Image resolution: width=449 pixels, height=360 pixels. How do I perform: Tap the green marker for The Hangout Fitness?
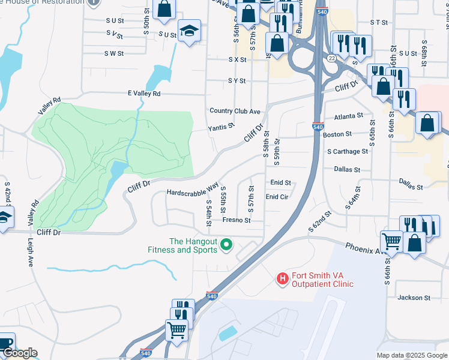[226, 244]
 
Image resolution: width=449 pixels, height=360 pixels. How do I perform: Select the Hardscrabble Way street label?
[192, 192]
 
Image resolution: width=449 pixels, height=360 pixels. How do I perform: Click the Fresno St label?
[236, 220]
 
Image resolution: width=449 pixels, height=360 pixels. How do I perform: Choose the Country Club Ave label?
[235, 111]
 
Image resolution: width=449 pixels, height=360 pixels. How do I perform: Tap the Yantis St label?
[220, 128]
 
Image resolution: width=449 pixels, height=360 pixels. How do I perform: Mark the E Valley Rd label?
[144, 94]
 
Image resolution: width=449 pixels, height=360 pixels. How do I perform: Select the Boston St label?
[337, 134]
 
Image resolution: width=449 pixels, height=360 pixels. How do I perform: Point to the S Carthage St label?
[348, 152]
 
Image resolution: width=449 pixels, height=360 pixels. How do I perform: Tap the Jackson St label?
[414, 298]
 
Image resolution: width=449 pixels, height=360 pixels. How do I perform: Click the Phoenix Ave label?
[366, 248]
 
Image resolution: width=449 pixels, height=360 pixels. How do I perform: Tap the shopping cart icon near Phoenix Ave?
[392, 242]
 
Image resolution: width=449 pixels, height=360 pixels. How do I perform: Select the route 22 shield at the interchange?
[331, 58]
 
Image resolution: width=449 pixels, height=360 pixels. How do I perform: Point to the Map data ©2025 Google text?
[412, 355]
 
